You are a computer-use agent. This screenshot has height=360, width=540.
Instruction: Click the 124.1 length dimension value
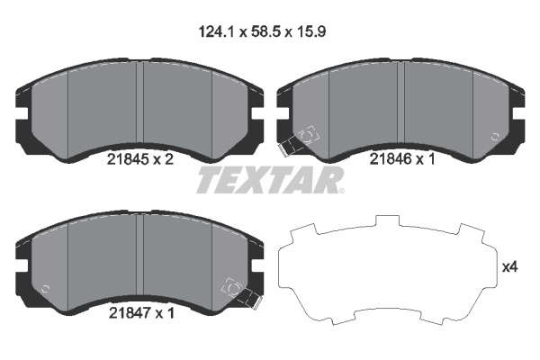coord(217,32)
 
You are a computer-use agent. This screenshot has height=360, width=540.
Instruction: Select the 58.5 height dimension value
coord(266,32)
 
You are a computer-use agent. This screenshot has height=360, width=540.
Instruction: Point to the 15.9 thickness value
coord(310,32)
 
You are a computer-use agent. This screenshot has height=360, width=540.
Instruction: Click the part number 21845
coord(128,159)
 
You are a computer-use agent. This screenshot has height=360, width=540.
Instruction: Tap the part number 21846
coord(391,158)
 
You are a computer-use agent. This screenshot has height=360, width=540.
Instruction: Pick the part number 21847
coord(130,313)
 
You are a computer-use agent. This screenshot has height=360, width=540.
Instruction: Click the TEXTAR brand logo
coord(270,180)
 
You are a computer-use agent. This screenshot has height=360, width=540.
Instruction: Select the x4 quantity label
coord(510,267)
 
